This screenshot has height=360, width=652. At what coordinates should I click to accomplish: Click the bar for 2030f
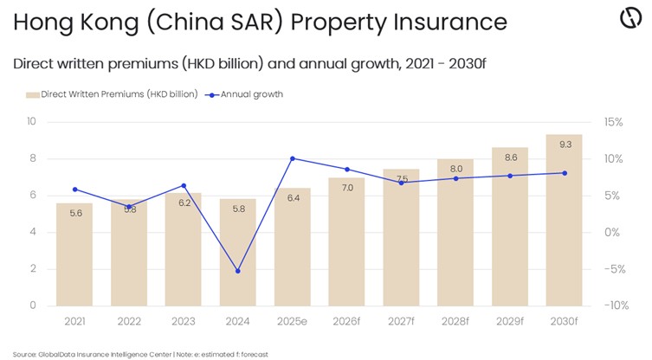[x=563, y=220]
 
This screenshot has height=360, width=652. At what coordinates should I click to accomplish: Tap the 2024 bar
[x=237, y=252]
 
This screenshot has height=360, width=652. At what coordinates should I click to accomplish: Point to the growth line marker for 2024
[x=237, y=271]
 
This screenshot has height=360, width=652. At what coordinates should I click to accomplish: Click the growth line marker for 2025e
[x=292, y=158]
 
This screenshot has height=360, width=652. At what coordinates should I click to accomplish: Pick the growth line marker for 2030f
[x=564, y=173]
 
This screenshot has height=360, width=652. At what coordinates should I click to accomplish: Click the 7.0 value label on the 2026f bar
[x=346, y=187]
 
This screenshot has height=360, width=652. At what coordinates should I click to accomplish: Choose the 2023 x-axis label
[x=183, y=321]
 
